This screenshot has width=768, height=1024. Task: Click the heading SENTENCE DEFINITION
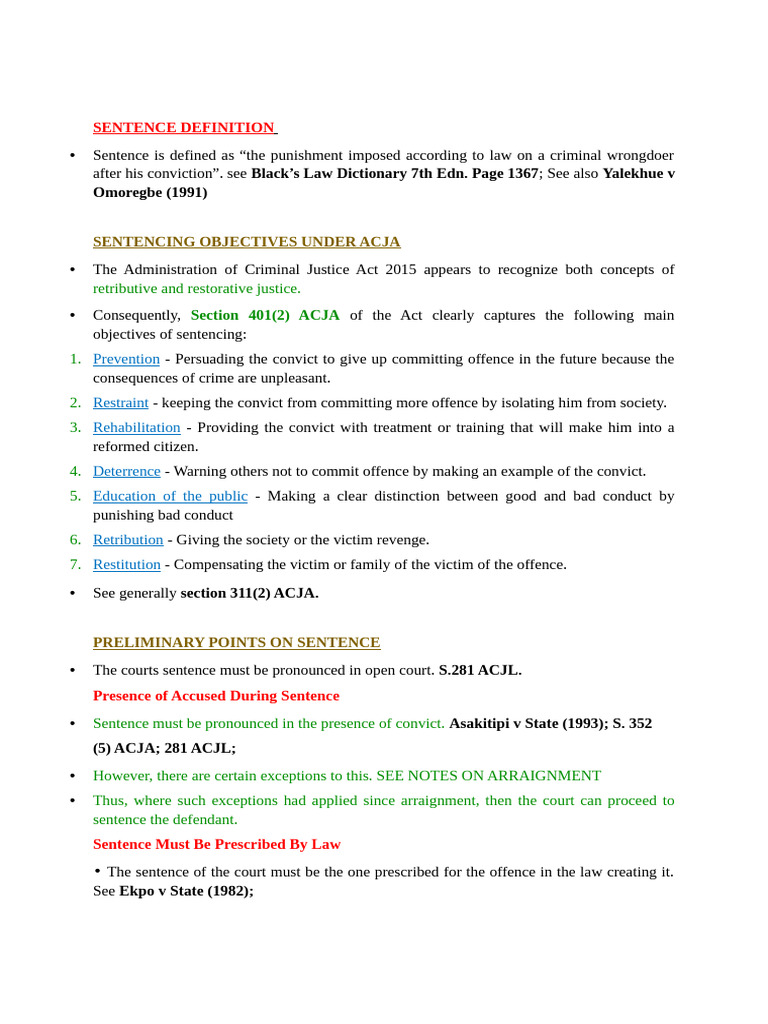pyautogui.click(x=184, y=127)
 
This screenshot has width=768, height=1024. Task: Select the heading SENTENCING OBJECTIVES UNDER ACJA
pyautogui.click(x=246, y=241)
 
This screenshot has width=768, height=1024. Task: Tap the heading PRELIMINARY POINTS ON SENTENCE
pyautogui.click(x=236, y=642)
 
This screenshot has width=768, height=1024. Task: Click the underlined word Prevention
pyautogui.click(x=126, y=359)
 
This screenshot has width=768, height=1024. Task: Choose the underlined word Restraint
pyautogui.click(x=120, y=403)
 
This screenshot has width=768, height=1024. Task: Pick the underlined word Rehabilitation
pyautogui.click(x=136, y=427)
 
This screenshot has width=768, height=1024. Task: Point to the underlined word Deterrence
pyautogui.click(x=126, y=471)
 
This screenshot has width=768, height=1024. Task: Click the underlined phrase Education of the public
pyautogui.click(x=170, y=496)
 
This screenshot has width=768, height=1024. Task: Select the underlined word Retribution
pyautogui.click(x=128, y=540)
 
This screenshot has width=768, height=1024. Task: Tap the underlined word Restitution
pyautogui.click(x=126, y=564)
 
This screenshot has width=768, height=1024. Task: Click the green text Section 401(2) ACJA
pyautogui.click(x=265, y=315)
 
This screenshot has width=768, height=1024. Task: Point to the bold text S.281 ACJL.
pyautogui.click(x=480, y=670)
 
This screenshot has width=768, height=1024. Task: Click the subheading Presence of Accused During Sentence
pyautogui.click(x=216, y=696)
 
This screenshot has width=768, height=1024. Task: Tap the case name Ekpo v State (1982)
pyautogui.click(x=186, y=890)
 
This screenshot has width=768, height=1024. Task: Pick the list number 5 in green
pyautogui.click(x=75, y=496)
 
